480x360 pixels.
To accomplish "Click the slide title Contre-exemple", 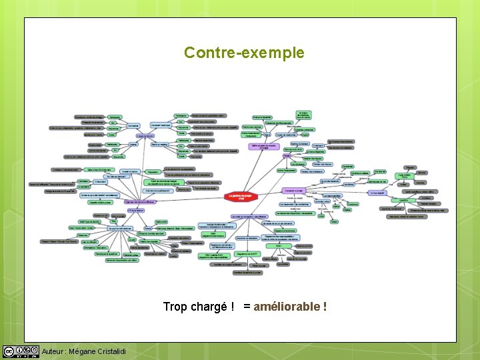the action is [x=244, y=53].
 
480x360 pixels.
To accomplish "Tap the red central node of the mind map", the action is [x=242, y=197].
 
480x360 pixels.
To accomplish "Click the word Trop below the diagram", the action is [x=175, y=307].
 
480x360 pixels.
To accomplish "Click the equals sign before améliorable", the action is [x=247, y=307].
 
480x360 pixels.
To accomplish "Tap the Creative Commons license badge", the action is [x=21, y=351].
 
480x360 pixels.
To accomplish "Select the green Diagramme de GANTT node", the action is [x=247, y=253].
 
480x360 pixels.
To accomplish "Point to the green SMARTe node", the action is [x=403, y=200].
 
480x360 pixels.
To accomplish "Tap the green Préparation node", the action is [x=153, y=171].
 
